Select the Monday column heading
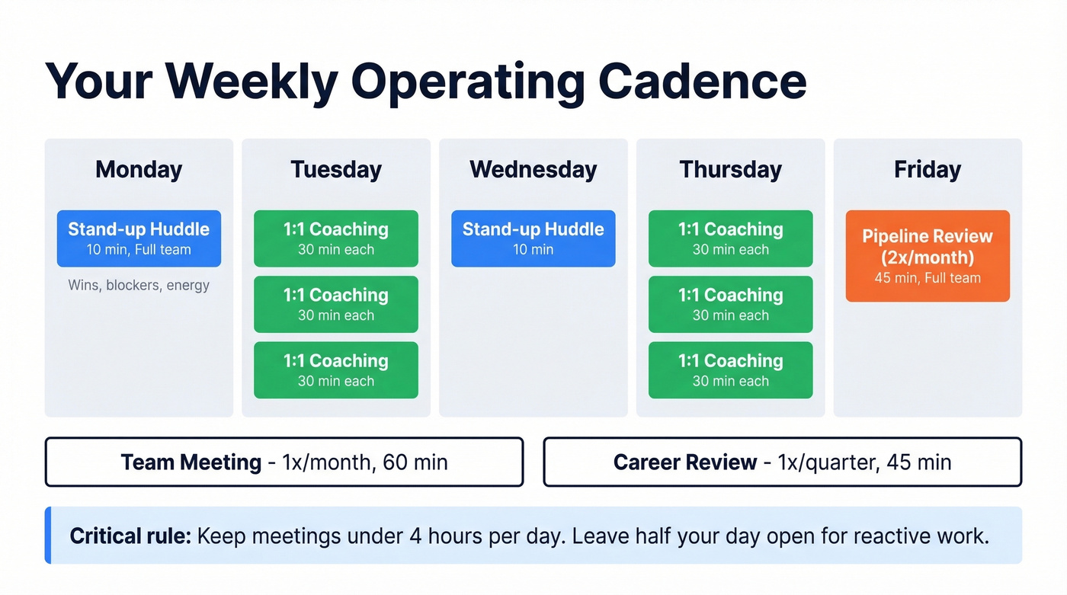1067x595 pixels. pos(139,169)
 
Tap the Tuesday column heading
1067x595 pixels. pos(336,169)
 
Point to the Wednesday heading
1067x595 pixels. pos(533,169)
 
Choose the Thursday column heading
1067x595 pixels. pos(730,169)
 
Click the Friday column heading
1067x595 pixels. pos(928,169)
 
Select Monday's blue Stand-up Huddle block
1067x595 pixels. pos(139,238)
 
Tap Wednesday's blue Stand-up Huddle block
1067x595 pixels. pos(533,238)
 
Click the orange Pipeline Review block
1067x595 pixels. pos(928,256)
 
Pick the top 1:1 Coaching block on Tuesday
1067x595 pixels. pos(336,238)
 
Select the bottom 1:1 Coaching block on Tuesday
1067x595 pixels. pos(336,370)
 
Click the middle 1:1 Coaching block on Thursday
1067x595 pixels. pos(730,304)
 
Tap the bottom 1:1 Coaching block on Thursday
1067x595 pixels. pos(730,370)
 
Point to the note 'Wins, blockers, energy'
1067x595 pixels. pos(139,286)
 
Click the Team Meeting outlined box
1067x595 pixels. pos(284,462)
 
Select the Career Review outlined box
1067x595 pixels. pos(782,462)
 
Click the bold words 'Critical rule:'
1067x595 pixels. pos(130,536)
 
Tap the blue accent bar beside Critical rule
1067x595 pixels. pos(48,536)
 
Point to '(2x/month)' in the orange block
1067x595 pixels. pos(928,257)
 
